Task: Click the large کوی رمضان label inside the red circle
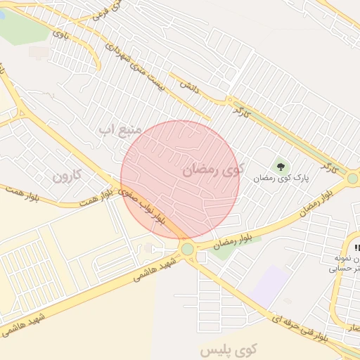click(x=212, y=169)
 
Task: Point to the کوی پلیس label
click(x=229, y=349)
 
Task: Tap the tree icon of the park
click(x=281, y=167)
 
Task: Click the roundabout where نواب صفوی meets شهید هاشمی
click(x=187, y=249)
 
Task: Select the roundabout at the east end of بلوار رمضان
click(x=352, y=179)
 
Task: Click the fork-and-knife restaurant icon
click(x=356, y=247)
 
